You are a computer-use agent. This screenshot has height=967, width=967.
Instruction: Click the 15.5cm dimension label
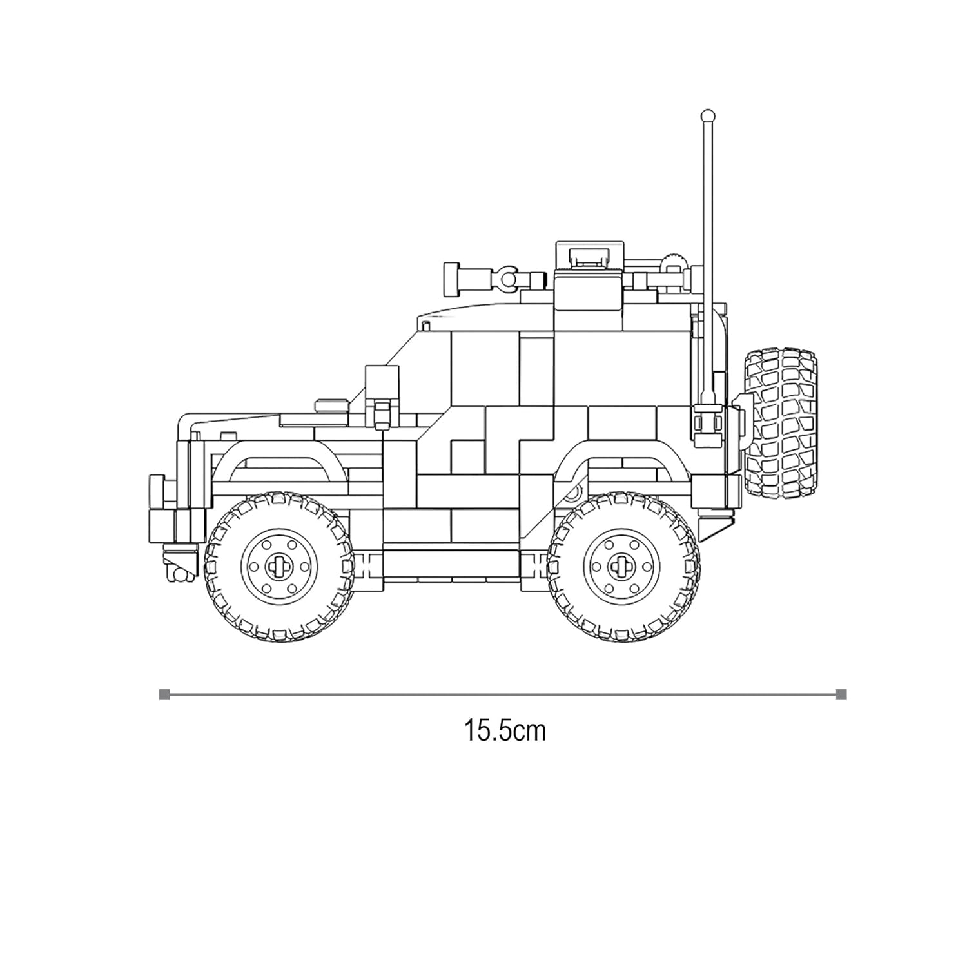pos(505,731)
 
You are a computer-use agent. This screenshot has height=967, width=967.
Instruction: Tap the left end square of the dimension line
pos(164,694)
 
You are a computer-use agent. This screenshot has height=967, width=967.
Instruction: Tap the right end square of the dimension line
pos(841,694)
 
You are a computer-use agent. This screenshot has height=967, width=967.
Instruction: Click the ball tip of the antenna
pos(707,115)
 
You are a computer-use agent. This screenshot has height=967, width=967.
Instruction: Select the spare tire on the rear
pos(781,423)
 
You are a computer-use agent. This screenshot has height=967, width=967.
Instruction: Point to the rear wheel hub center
pos(622,565)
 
